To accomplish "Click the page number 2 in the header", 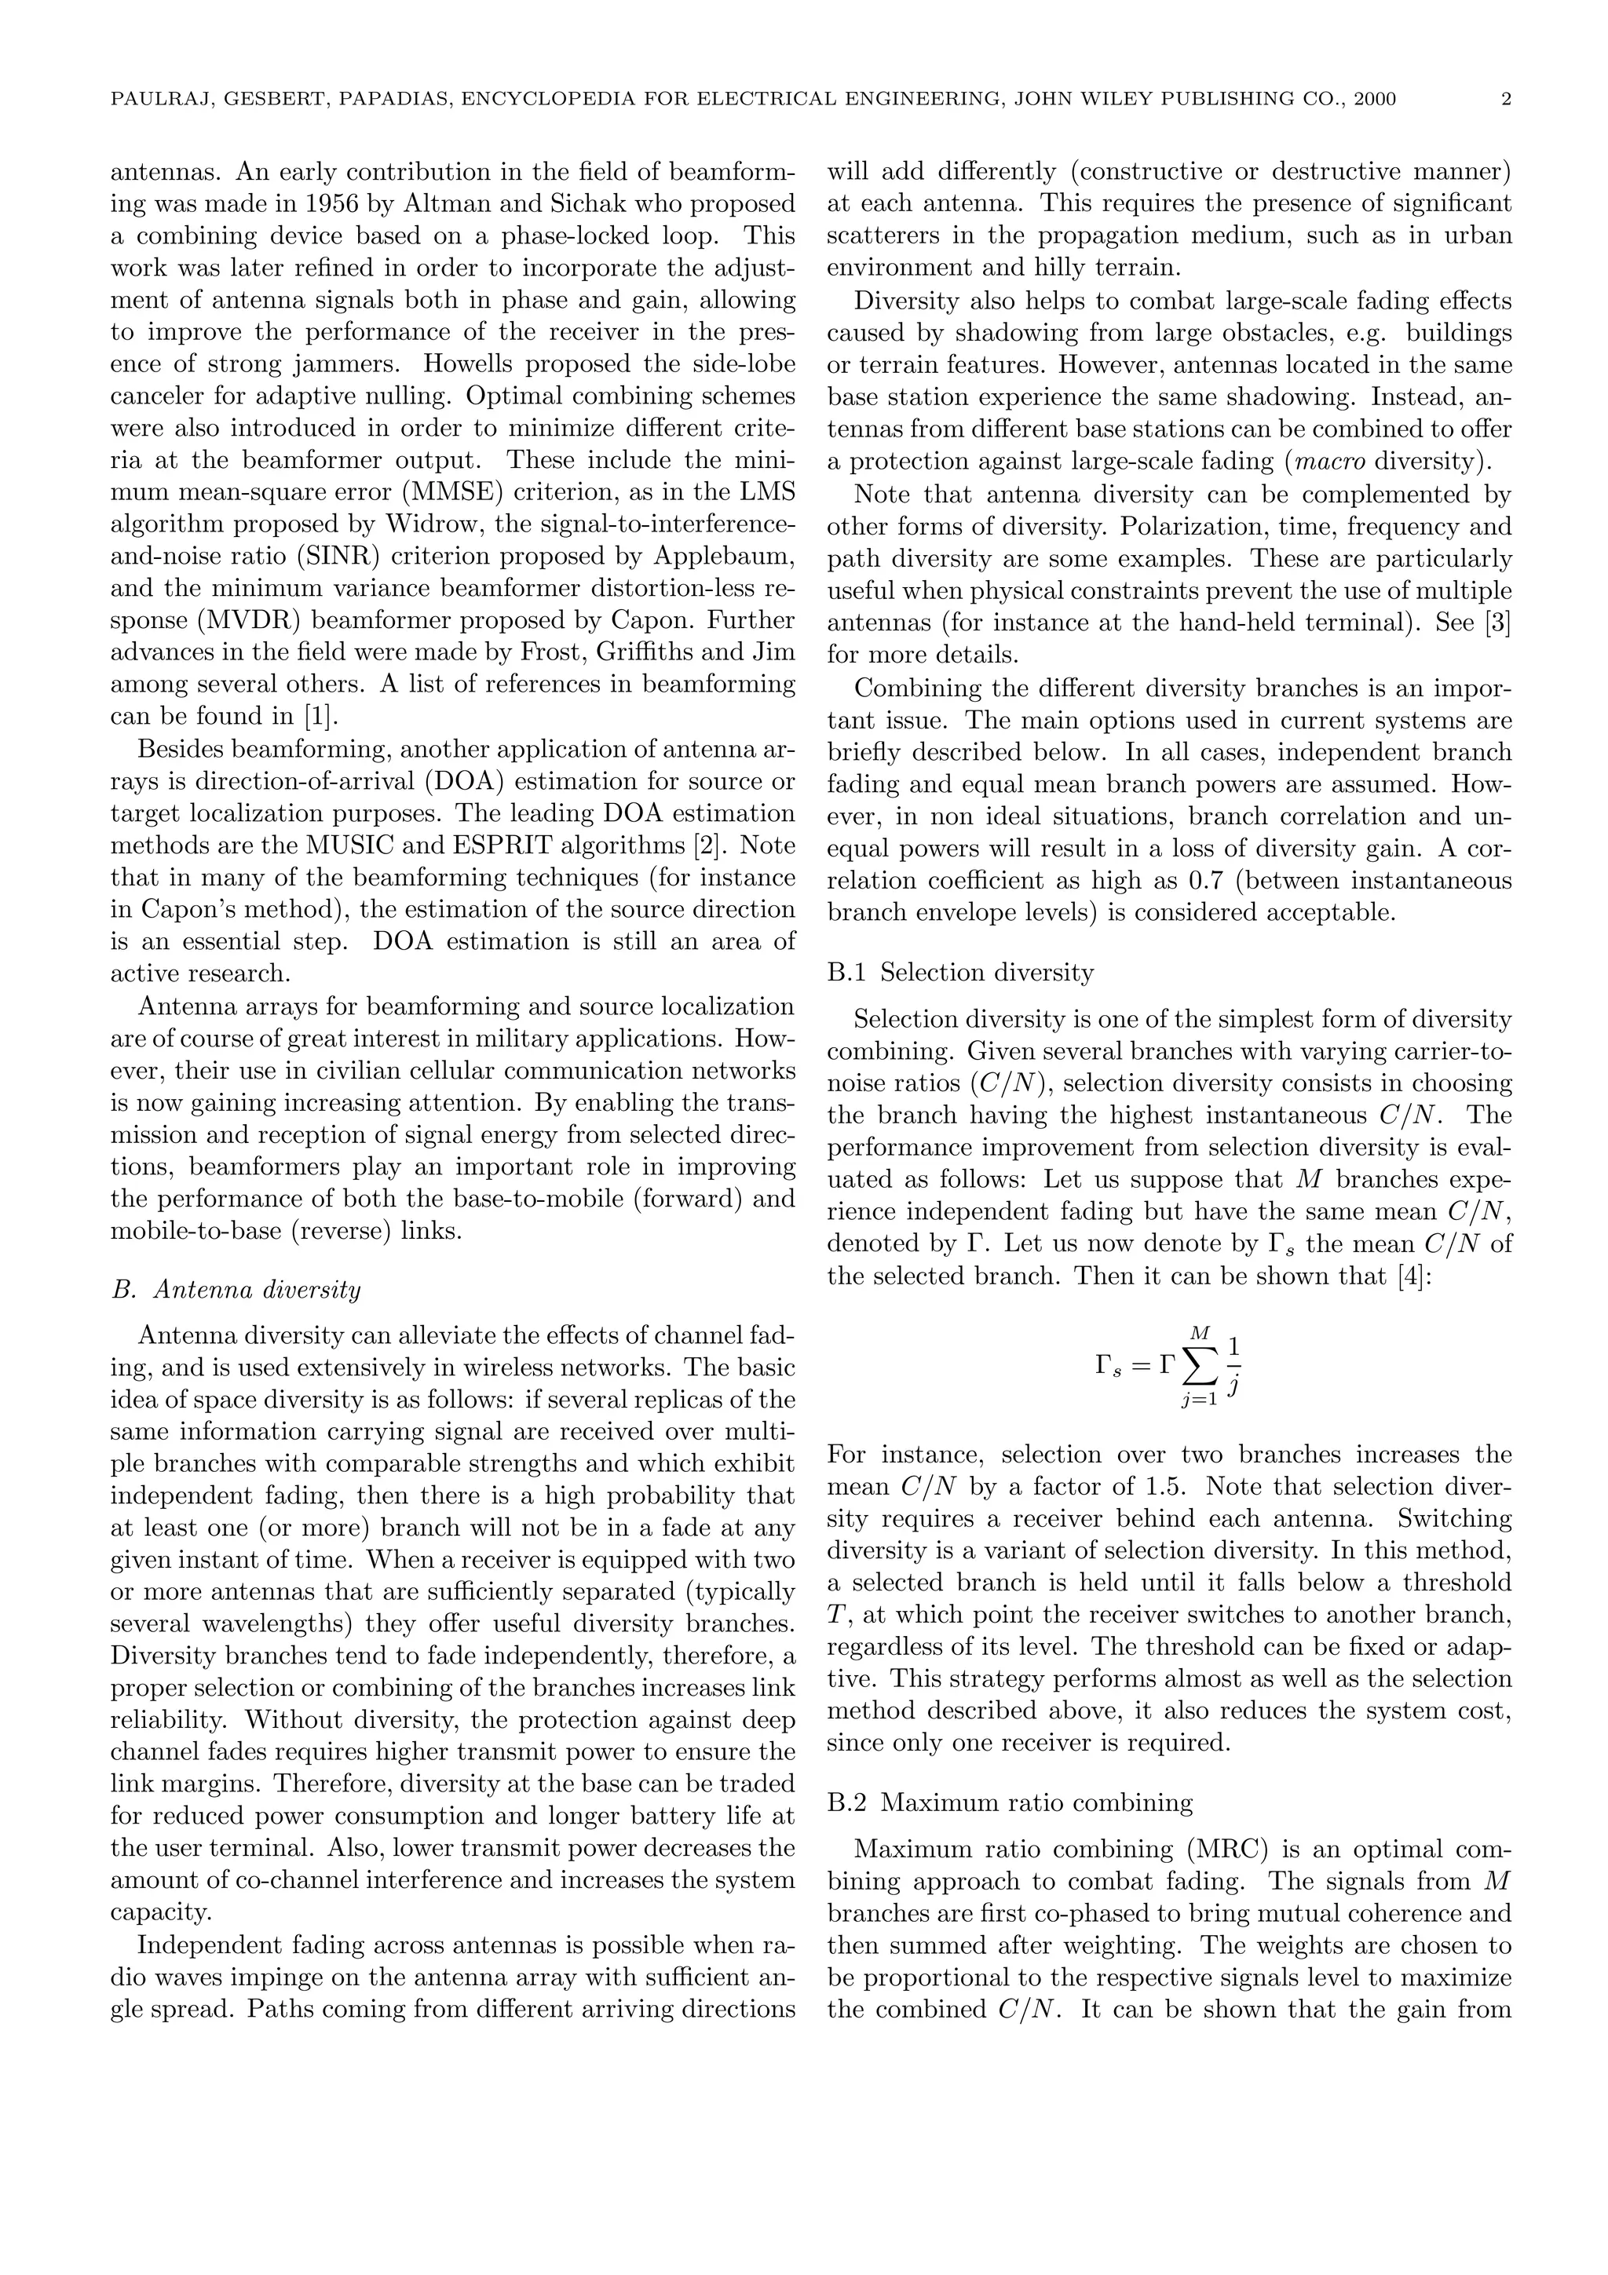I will [x=1506, y=99].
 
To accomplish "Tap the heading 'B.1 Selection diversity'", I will [x=960, y=973].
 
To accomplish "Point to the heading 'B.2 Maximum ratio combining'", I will [x=1010, y=1802].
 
